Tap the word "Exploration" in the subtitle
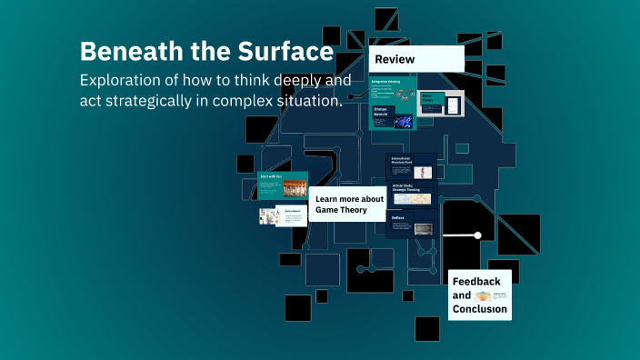[124, 80]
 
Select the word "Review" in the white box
[393, 60]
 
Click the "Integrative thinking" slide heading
[387, 82]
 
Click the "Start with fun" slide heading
[272, 175]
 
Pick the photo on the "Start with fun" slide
[295, 189]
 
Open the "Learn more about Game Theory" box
[350, 205]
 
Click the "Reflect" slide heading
[398, 218]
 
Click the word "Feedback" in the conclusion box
[476, 282]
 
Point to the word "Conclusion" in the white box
[479, 308]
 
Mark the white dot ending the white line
[477, 235]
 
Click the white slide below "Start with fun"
[290, 216]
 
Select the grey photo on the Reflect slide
[423, 228]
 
